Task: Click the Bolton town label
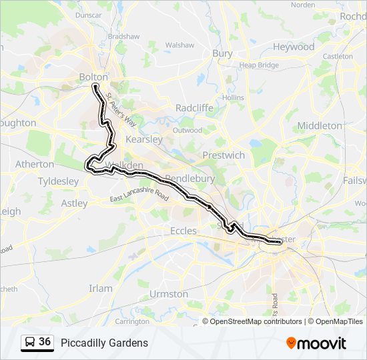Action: tap(93, 77)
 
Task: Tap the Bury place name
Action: tap(222, 53)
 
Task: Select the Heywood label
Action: tap(294, 47)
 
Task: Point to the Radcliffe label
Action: tap(194, 108)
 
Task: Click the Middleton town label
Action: tap(319, 125)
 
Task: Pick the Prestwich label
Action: tap(224, 155)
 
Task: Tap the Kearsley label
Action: tap(144, 140)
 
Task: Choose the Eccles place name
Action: tap(183, 231)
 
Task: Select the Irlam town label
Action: tap(101, 288)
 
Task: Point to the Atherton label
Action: tap(35, 164)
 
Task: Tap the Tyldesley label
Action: tap(58, 181)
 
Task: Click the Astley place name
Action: tap(74, 203)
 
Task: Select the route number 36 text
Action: tap(45, 342)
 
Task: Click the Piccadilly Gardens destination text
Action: tap(104, 343)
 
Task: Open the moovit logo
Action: tap(316, 343)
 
